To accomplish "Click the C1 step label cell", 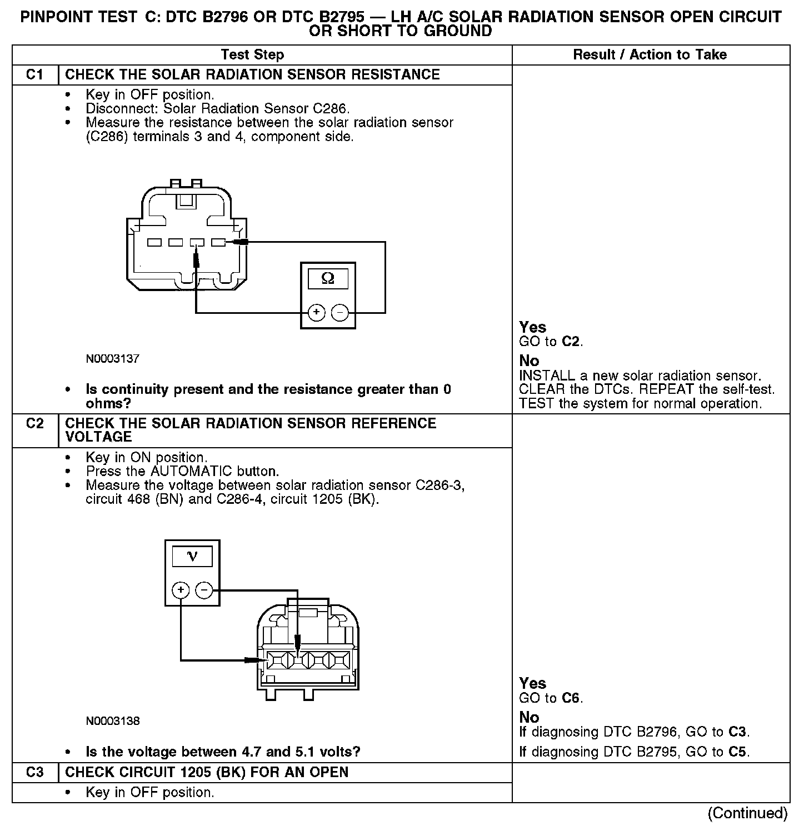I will click(x=35, y=75).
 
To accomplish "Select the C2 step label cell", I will click(x=35, y=424).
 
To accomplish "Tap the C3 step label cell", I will click(x=35, y=773).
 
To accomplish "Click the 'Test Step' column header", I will click(x=252, y=54).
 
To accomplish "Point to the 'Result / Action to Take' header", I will click(x=650, y=54).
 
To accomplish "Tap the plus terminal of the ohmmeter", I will click(x=316, y=313).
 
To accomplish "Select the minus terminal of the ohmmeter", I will click(x=339, y=313).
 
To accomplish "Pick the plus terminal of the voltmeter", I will click(x=181, y=590).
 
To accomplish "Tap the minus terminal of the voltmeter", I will click(x=204, y=590).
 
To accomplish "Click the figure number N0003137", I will click(x=113, y=359).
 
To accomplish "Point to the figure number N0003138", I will click(x=113, y=721).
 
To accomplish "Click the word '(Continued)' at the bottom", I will click(x=748, y=813).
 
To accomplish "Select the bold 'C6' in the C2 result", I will click(x=571, y=698).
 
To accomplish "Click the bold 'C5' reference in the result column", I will click(x=738, y=752).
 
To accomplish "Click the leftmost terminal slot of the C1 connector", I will click(x=154, y=243).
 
